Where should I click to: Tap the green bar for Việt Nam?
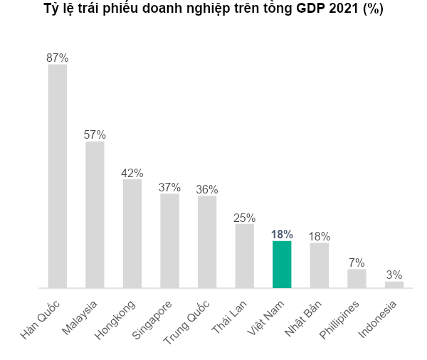pos(282,265)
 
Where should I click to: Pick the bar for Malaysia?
pos(95,215)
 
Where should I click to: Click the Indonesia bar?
pos(394,285)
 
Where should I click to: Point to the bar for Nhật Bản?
pos(320,265)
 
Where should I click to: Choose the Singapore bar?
pos(169,240)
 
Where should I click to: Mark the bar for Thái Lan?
pos(244,256)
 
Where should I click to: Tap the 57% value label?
pos(95,134)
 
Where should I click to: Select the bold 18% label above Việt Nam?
pos(282,234)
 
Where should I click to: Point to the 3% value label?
pos(394,275)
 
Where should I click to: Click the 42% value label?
pos(132,172)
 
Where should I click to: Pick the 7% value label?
pos(357,262)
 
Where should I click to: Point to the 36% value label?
pos(207,189)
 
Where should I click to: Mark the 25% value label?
pos(244,218)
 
